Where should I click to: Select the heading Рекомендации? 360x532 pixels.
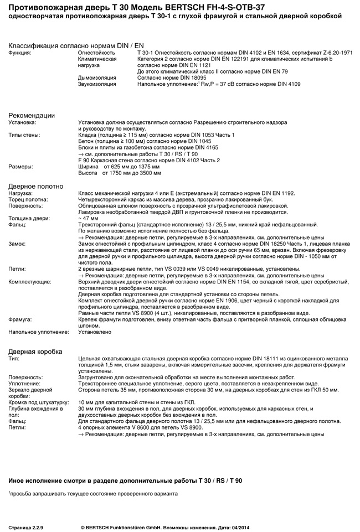click(x=32, y=115)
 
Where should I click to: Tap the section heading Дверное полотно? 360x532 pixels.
click(x=35, y=186)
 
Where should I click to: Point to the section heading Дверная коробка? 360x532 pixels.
click(x=35, y=352)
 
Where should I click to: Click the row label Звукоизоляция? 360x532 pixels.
click(x=97, y=84)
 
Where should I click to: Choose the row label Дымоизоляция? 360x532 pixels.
click(x=97, y=78)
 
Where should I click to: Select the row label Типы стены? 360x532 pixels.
click(x=24, y=135)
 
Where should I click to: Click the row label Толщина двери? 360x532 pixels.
click(x=29, y=218)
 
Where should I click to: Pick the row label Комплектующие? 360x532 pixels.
click(x=30, y=282)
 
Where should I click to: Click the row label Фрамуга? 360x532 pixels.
click(x=20, y=319)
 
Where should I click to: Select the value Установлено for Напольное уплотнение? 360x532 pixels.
click(x=95, y=332)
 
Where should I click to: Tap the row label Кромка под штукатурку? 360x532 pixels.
click(x=38, y=402)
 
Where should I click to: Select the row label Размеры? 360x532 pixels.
click(x=20, y=166)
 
